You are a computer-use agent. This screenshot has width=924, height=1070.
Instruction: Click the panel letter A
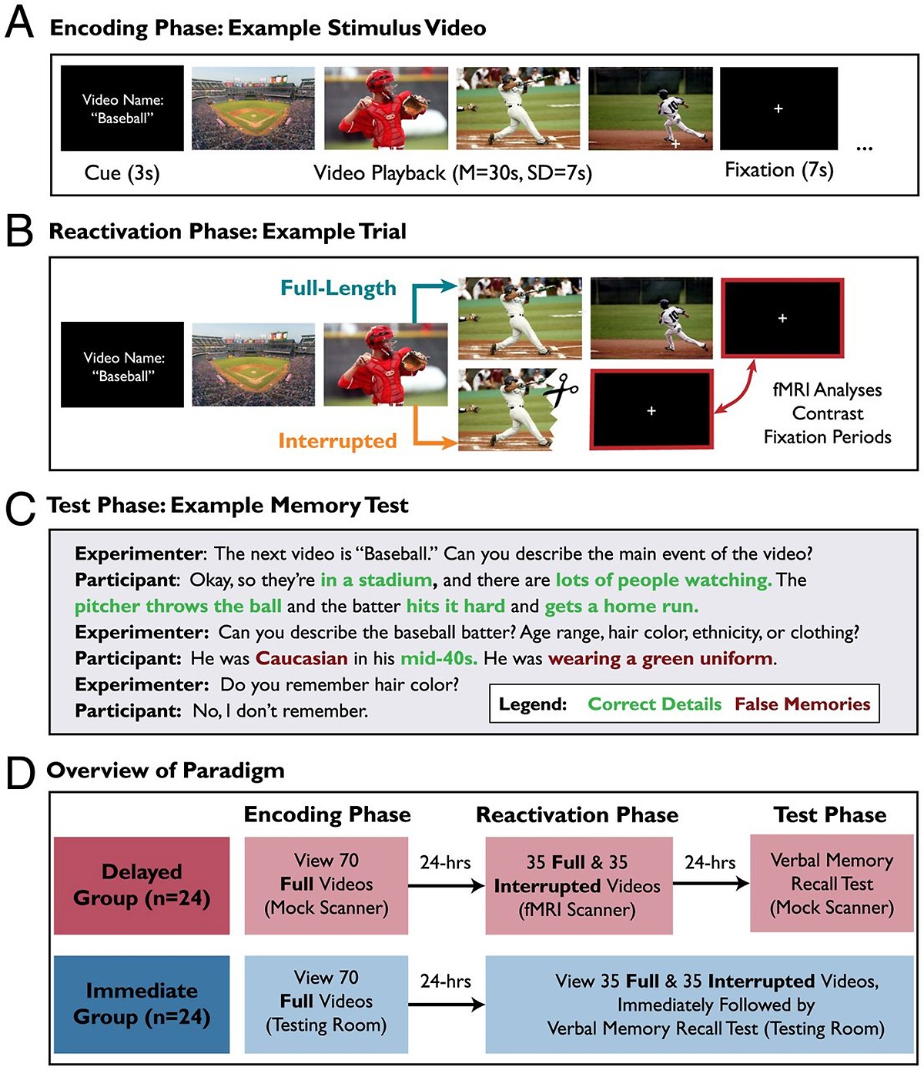[x=19, y=24]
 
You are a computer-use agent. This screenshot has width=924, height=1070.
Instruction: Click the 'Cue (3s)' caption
[x=122, y=172]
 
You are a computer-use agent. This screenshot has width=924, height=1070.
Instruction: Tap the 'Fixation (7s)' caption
[x=778, y=170]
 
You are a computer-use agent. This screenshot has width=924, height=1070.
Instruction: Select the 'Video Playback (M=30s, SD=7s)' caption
[x=453, y=172]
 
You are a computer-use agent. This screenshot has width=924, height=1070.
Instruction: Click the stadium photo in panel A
[x=253, y=108]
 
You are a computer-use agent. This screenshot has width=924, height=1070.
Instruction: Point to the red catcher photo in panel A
[x=385, y=108]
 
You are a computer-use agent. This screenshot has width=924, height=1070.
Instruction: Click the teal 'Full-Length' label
[x=338, y=288]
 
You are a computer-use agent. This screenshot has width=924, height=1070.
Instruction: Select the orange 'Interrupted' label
[x=337, y=441]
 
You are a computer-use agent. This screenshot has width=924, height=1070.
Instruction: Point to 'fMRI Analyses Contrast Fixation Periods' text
[x=827, y=413]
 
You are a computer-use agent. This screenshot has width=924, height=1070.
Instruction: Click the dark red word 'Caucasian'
[x=302, y=659]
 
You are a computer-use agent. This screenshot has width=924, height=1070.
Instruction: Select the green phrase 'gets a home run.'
[x=621, y=607]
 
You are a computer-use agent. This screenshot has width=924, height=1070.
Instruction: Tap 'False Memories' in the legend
[x=802, y=704]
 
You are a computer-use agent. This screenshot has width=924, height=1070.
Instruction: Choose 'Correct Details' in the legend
[x=654, y=704]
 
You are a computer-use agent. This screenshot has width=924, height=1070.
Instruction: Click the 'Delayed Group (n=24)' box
[x=142, y=885]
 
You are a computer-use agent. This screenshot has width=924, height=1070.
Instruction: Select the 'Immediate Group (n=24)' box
[x=142, y=1004]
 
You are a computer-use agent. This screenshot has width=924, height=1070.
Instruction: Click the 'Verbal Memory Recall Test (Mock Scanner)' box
[x=832, y=884]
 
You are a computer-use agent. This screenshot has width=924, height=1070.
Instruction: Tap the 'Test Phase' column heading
[x=830, y=814]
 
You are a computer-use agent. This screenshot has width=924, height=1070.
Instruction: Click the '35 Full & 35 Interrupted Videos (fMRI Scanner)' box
[x=577, y=885]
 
